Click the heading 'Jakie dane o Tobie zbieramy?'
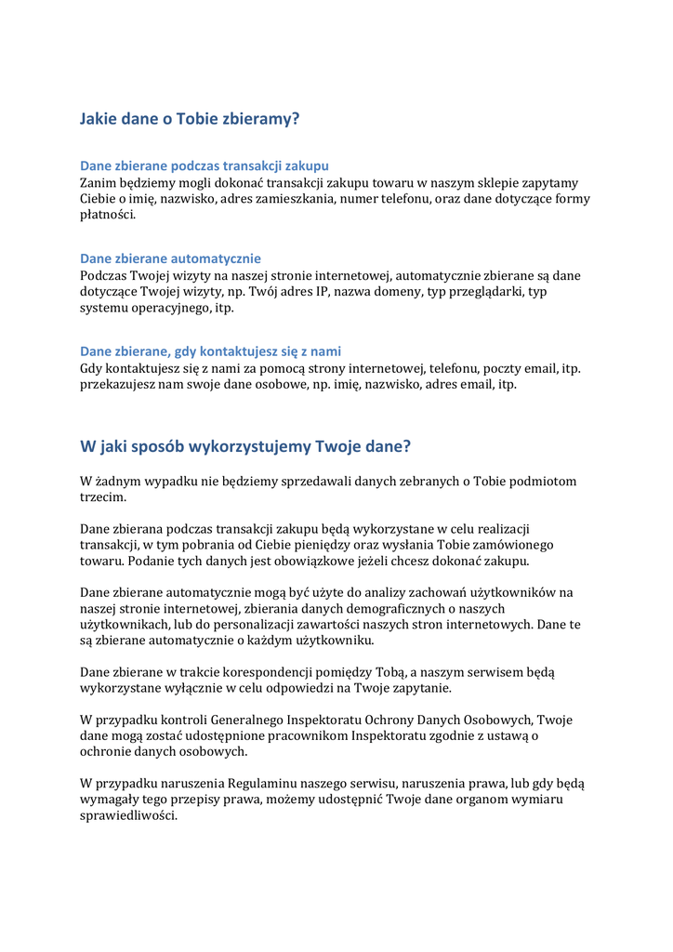click(x=190, y=119)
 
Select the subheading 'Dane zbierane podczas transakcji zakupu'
click(x=205, y=165)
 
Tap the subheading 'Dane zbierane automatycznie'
click(x=170, y=258)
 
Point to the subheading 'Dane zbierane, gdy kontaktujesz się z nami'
click(x=210, y=351)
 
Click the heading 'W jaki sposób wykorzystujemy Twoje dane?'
click(x=245, y=446)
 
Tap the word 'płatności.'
click(x=108, y=214)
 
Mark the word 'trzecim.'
click(x=103, y=497)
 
